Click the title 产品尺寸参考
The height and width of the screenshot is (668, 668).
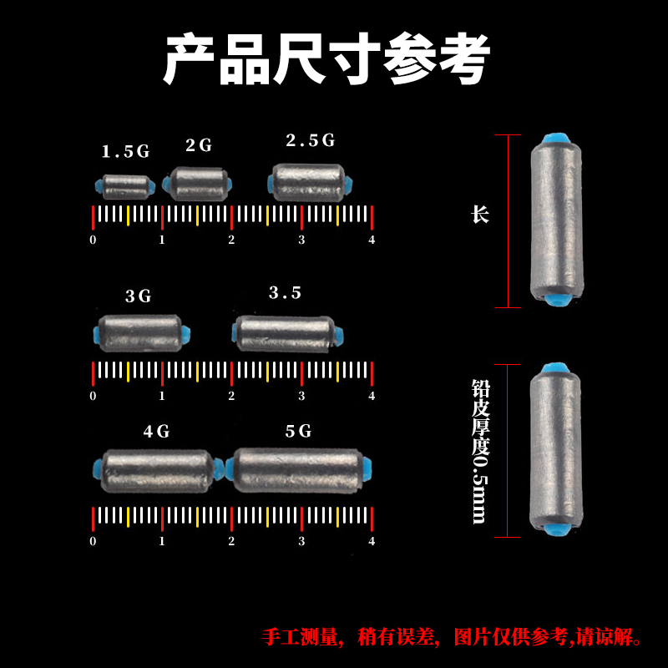pyautogui.click(x=326, y=58)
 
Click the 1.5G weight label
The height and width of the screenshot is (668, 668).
pyautogui.click(x=125, y=152)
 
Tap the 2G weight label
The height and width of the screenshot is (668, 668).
pyautogui.click(x=199, y=145)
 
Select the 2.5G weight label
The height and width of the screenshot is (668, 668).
pyautogui.click(x=310, y=140)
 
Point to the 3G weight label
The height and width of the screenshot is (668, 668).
pyautogui.click(x=139, y=296)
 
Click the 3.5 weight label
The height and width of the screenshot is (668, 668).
pyautogui.click(x=285, y=293)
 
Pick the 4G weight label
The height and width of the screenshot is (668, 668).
pyautogui.click(x=156, y=432)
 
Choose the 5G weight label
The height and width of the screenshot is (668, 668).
pyautogui.click(x=298, y=432)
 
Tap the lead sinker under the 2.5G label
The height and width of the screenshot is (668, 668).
pyautogui.click(x=309, y=181)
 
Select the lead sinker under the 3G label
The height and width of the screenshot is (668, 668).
pyautogui.click(x=139, y=331)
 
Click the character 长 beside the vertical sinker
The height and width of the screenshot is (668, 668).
pyautogui.click(x=479, y=215)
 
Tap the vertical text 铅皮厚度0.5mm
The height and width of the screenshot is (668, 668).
pyautogui.click(x=479, y=452)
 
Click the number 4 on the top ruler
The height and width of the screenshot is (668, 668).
pyautogui.click(x=372, y=240)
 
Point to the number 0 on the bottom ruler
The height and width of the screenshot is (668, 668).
pyautogui.click(x=93, y=541)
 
